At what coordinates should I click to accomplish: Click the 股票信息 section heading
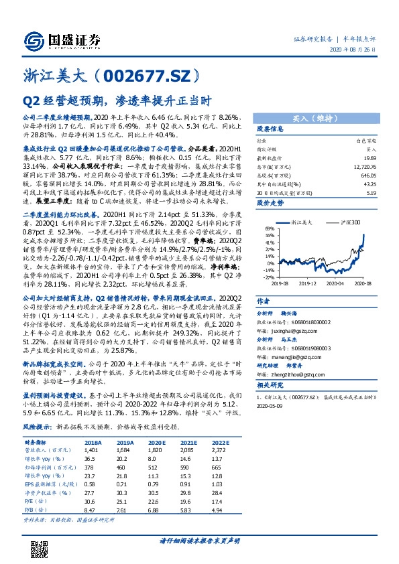click(271, 128)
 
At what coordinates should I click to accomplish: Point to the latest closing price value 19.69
click(369, 156)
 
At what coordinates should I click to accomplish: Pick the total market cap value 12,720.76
click(365, 165)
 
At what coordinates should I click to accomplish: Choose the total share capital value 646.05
click(367, 173)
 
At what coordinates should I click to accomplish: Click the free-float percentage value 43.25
click(369, 182)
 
